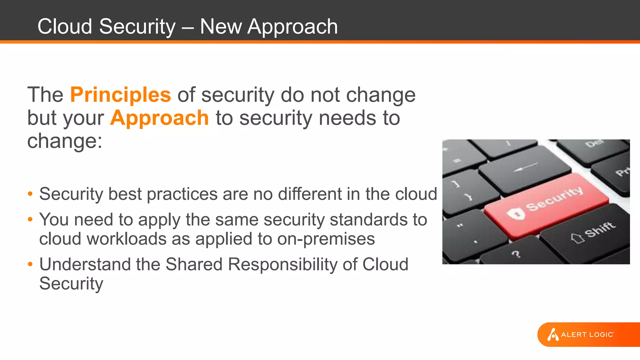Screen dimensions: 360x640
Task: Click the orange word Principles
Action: [121, 95]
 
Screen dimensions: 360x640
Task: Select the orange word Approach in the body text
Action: [159, 118]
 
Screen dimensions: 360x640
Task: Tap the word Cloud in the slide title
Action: [65, 26]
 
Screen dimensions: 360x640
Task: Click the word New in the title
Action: [221, 26]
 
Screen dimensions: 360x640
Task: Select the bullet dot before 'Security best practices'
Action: [30, 194]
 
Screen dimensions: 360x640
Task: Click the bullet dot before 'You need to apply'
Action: [30, 219]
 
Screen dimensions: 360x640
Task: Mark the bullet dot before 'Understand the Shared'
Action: [30, 264]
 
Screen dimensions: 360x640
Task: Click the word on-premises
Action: [326, 239]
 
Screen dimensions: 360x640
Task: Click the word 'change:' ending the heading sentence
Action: [65, 141]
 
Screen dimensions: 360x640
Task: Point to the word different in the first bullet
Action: [310, 194]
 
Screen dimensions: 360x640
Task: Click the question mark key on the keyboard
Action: [516, 254]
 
